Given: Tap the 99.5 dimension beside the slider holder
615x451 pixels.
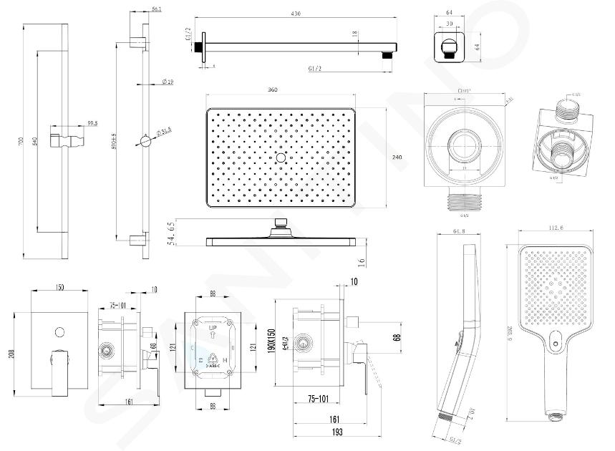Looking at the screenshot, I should (x=92, y=124).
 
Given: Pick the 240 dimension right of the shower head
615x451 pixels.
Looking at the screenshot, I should (x=397, y=157).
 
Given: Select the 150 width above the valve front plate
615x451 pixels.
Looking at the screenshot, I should (x=60, y=287).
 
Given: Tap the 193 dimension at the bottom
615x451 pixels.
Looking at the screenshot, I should (x=334, y=432).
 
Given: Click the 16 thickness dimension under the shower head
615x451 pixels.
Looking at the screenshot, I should (x=364, y=263).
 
